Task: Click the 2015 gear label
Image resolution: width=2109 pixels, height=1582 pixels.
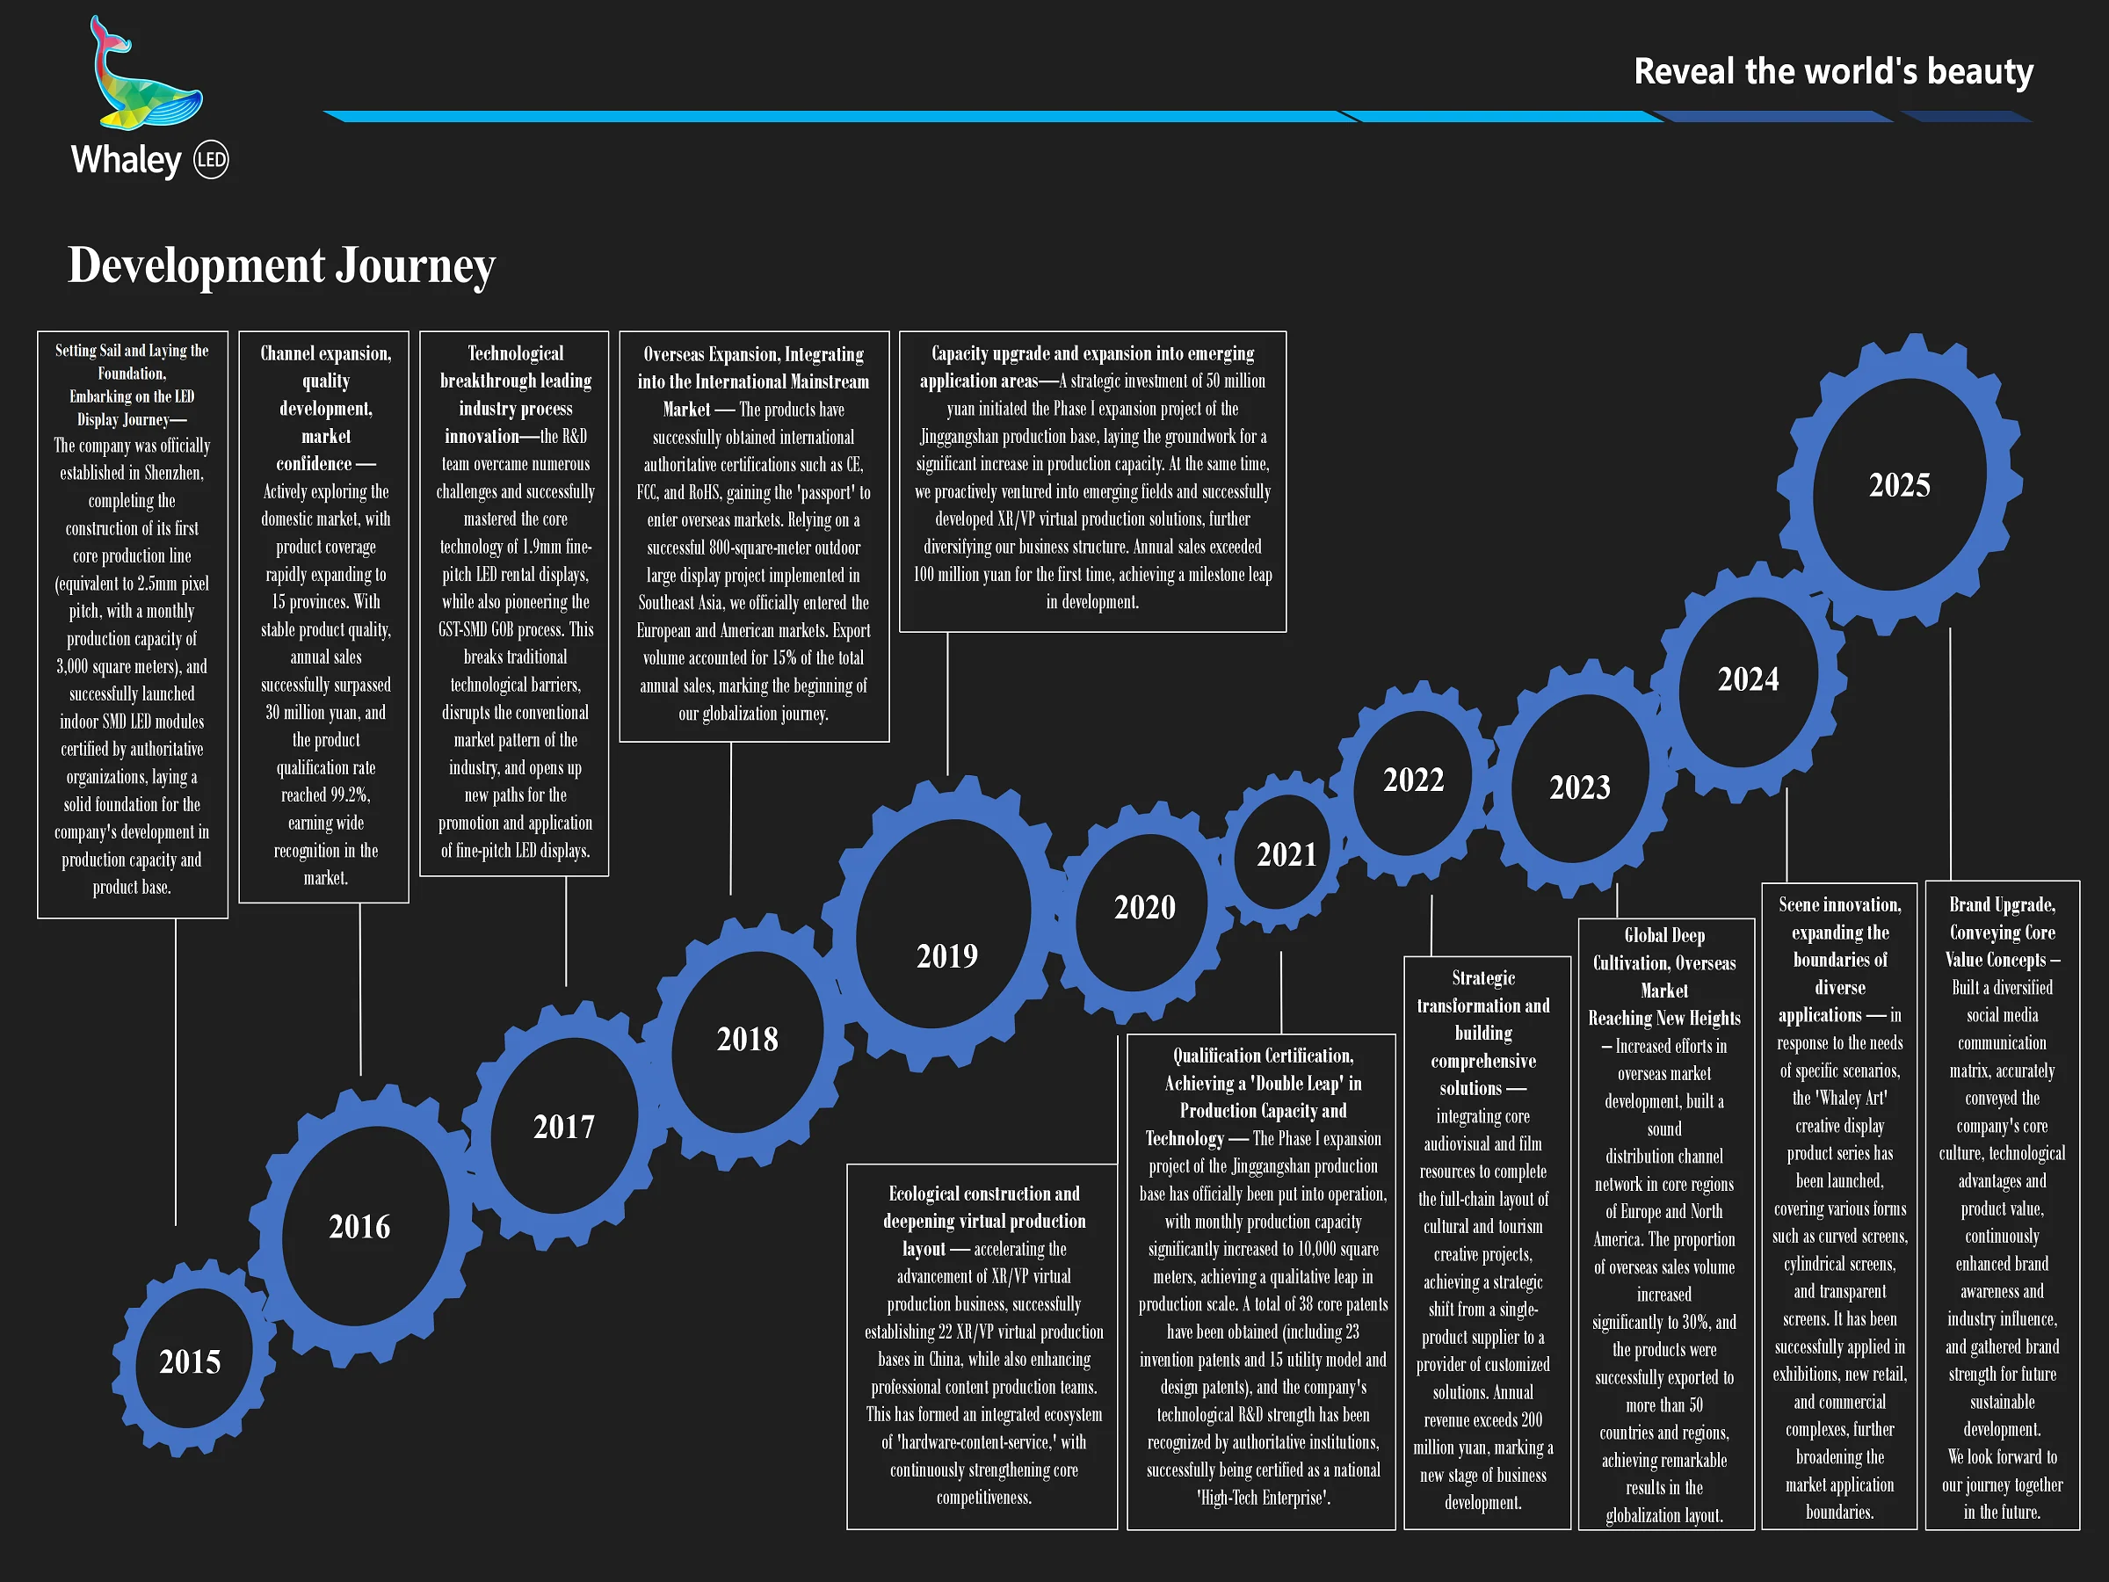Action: click(x=190, y=1361)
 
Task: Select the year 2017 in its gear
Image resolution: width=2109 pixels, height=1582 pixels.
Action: click(x=563, y=1126)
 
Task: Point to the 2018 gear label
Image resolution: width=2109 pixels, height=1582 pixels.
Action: click(x=748, y=1039)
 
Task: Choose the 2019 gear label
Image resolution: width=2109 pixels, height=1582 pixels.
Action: click(x=946, y=955)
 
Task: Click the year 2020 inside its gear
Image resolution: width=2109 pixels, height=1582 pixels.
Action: click(x=1144, y=907)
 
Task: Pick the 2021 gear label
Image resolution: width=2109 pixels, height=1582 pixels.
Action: click(x=1286, y=854)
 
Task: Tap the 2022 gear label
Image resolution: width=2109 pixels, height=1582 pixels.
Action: click(x=1413, y=780)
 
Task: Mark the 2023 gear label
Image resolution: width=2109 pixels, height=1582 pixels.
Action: click(x=1579, y=787)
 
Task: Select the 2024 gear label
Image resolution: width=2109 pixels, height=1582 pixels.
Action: click(x=1748, y=679)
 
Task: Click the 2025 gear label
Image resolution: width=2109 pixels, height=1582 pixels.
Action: click(x=1899, y=485)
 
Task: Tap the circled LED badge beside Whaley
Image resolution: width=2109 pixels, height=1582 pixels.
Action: click(x=211, y=160)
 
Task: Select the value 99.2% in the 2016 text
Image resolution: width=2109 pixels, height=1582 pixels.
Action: click(x=349, y=795)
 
